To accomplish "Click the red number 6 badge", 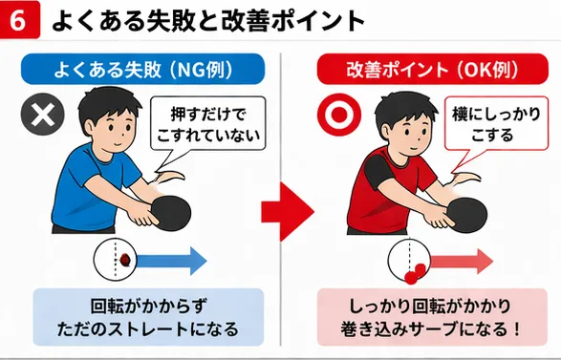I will (x=19, y=20).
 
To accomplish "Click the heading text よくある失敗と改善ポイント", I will (x=207, y=20).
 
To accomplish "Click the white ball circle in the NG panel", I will (x=118, y=259).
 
